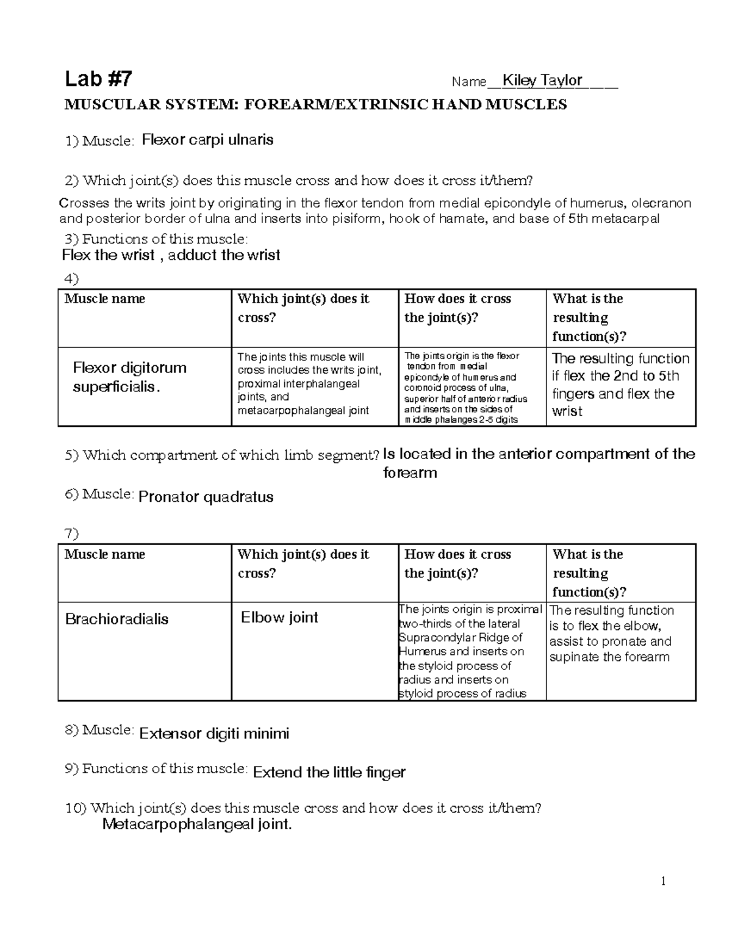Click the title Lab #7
98,79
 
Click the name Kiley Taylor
541,80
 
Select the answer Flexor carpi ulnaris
207,140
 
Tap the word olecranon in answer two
661,203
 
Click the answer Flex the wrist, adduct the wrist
171,255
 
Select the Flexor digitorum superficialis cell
130,377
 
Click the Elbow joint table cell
279,617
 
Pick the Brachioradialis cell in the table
117,619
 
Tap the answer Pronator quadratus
206,497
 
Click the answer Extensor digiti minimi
214,734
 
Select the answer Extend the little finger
329,773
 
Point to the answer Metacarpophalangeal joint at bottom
197,825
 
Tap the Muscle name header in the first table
105,299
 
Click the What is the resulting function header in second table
589,573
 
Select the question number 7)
71,534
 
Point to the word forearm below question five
410,473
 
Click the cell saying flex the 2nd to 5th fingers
620,384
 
